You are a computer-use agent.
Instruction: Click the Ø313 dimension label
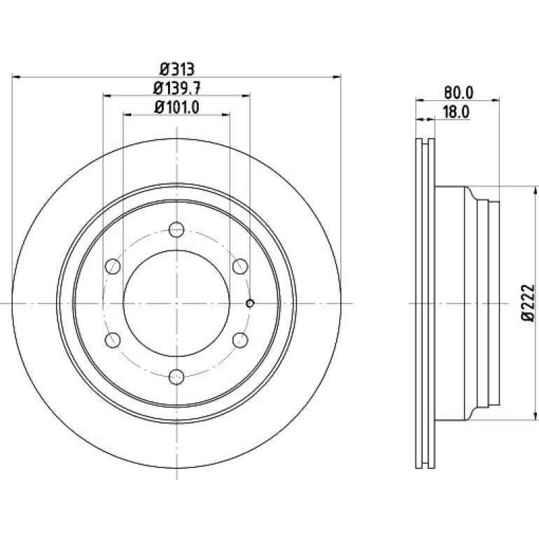coord(177,69)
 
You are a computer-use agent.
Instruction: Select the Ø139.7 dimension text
coord(176,89)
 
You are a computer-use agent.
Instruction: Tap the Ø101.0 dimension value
coord(176,107)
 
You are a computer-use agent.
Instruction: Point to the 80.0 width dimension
coord(458,92)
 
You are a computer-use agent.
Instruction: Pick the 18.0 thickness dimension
coord(456,112)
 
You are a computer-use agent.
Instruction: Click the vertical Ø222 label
coord(528,303)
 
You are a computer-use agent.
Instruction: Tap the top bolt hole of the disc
coord(176,230)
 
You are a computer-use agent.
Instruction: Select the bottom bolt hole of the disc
coord(176,377)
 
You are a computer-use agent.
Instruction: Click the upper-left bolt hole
coord(113,266)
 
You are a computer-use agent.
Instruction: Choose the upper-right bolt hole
coord(240,266)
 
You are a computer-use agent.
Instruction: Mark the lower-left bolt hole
coord(113,340)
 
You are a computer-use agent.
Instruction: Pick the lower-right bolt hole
coord(240,340)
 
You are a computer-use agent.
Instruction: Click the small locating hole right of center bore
coord(251,303)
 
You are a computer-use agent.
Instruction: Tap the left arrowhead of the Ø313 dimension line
coord(16,77)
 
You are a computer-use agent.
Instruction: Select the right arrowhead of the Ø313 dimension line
coord(337,77)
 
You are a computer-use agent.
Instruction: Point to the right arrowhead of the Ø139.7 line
coord(246,96)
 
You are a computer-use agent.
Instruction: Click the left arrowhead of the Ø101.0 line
coord(127,115)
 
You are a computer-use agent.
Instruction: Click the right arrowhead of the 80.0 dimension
coord(496,100)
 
